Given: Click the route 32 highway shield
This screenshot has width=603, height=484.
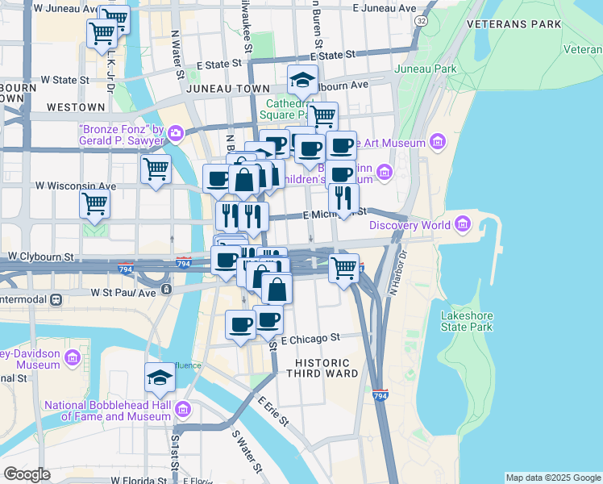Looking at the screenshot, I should [x=422, y=18].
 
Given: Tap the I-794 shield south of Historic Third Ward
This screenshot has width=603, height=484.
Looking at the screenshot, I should [x=381, y=395].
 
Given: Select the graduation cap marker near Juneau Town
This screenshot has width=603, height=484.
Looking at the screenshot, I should [x=302, y=81].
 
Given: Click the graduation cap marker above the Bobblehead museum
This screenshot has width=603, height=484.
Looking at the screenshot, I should [x=160, y=378].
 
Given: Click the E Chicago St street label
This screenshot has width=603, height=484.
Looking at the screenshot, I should [x=311, y=339].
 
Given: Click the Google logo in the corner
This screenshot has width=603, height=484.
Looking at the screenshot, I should [x=27, y=474].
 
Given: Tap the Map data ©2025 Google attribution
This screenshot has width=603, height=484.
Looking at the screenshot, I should [x=553, y=478].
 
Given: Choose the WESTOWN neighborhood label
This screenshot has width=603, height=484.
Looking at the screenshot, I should [x=76, y=107].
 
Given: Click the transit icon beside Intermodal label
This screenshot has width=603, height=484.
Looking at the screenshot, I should [x=56, y=299].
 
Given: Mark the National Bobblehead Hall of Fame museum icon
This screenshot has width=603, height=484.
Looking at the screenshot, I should [x=184, y=411].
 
